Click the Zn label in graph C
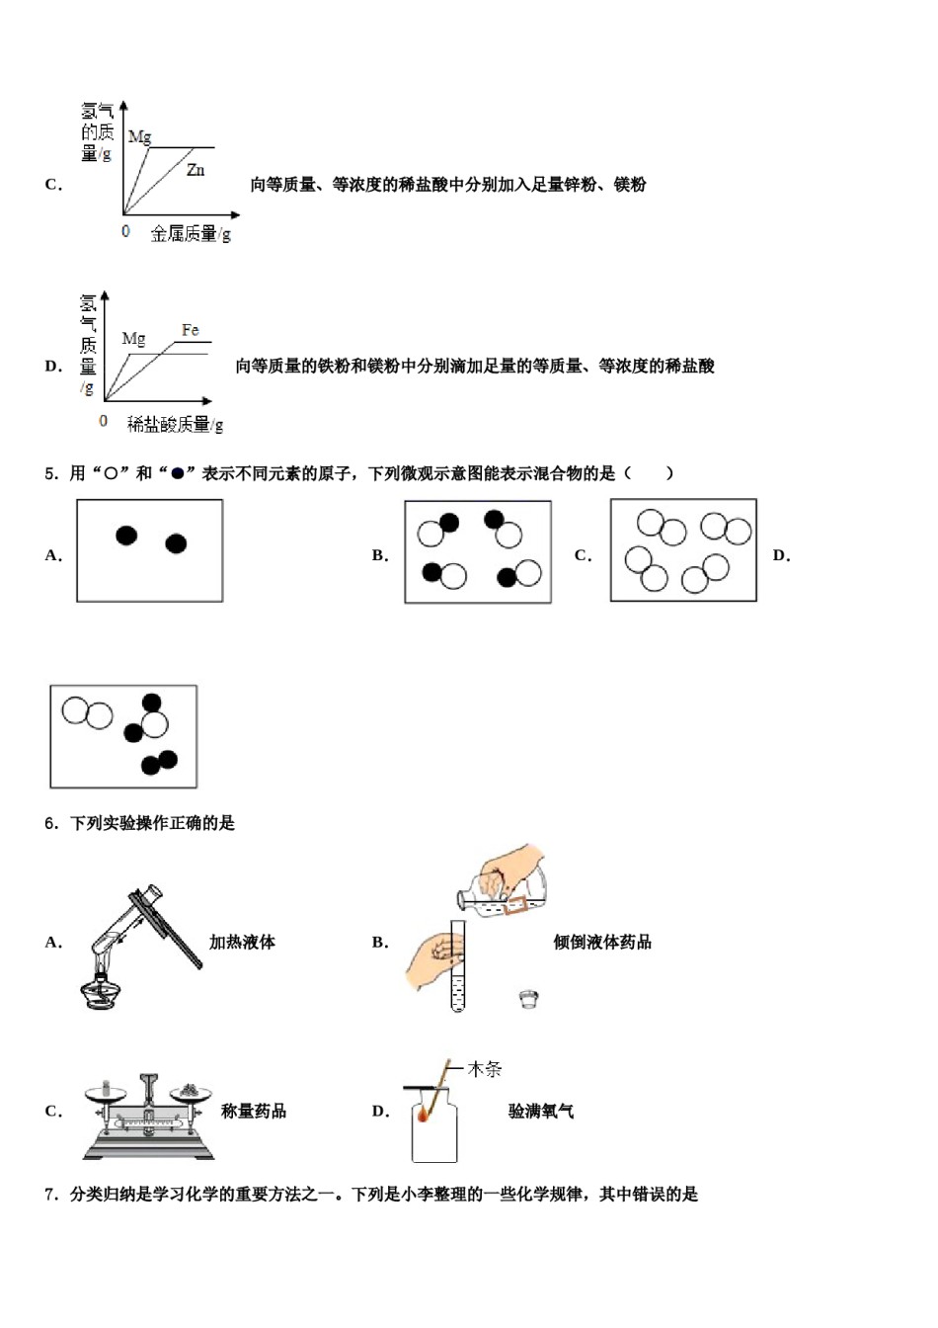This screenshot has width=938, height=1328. coord(195,170)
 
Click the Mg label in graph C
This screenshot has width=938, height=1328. coord(139,137)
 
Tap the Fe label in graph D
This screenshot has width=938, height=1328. coord(191,330)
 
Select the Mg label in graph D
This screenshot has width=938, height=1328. coord(133,339)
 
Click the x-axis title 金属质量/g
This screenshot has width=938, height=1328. coord(191,234)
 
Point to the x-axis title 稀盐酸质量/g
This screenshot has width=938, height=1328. coord(176,424)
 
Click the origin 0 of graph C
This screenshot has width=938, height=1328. coord(125,231)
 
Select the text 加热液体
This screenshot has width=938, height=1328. coord(242,942)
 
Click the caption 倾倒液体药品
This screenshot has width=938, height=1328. coord(602,942)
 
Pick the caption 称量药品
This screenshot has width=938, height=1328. coord(254,1111)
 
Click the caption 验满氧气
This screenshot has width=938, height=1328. coord(541,1111)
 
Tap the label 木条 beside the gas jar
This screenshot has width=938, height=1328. coord(484,1069)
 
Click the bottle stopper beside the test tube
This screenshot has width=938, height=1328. coord(529,999)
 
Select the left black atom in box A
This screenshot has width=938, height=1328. coord(126,536)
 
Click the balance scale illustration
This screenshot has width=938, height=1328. coord(148,1117)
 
